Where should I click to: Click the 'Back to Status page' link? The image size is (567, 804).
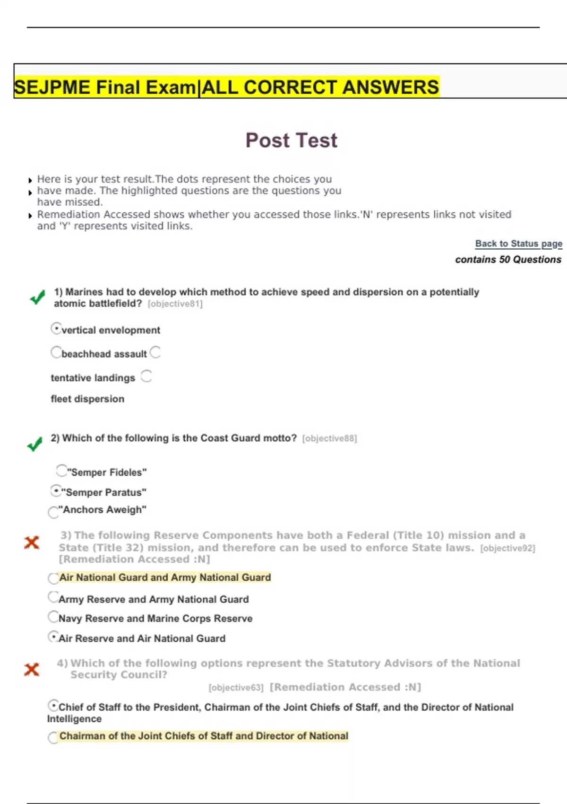[518, 244]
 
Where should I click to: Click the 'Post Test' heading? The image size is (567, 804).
[292, 140]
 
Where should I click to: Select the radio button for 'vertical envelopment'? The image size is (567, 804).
[56, 328]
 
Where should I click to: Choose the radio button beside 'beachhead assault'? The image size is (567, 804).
[56, 352]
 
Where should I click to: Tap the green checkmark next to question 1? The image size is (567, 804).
[37, 297]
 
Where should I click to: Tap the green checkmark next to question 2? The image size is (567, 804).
[34, 444]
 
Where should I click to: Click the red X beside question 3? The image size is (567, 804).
[32, 542]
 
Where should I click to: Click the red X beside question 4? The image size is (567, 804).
[32, 669]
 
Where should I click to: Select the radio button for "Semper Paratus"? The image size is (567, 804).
[56, 491]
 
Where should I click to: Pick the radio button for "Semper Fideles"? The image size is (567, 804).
[61, 471]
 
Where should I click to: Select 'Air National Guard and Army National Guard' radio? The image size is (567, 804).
[53, 578]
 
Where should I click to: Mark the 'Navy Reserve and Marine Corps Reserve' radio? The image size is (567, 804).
[53, 617]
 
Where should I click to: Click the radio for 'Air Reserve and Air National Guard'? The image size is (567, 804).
[53, 637]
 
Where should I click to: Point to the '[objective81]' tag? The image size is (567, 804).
[175, 304]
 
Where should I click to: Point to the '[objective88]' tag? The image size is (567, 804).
[329, 438]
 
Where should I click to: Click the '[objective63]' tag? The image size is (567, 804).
[236, 688]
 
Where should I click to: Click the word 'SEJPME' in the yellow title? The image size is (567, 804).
[52, 87]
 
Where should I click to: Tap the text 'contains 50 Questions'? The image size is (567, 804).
[508, 259]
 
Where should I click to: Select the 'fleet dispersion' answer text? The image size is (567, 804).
[87, 399]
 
